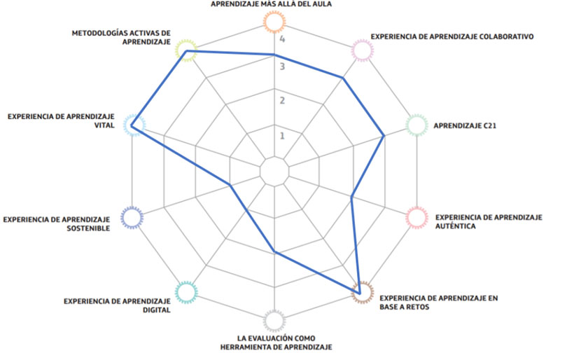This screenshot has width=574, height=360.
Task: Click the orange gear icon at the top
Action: pyautogui.click(x=274, y=22)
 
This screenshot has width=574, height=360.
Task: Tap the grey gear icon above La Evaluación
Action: pyautogui.click(x=274, y=321)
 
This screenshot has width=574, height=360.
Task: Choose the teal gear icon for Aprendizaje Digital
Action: pyautogui.click(x=185, y=292)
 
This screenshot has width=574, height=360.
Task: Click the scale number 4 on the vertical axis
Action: pyautogui.click(x=283, y=40)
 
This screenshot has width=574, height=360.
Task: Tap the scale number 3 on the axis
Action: pyautogui.click(x=283, y=67)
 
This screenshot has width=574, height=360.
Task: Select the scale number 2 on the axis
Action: pyautogui.click(x=283, y=101)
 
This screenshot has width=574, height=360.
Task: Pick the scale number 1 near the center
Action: pyautogui.click(x=283, y=136)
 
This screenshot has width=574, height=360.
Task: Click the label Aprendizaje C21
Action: pyautogui.click(x=465, y=126)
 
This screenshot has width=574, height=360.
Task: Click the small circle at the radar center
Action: pyautogui.click(x=274, y=172)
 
